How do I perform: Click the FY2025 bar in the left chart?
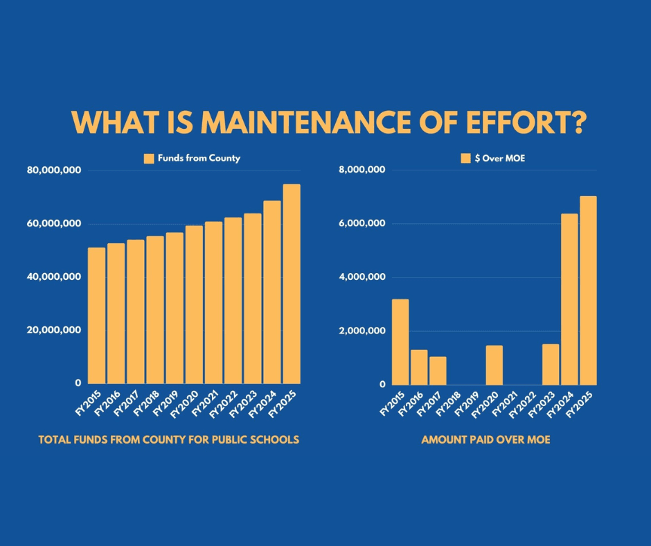pyautogui.click(x=292, y=283)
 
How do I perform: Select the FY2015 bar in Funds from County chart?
pyautogui.click(x=96, y=315)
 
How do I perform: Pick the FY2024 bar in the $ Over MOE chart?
pyautogui.click(x=569, y=299)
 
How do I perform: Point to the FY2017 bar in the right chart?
pyautogui.click(x=438, y=370)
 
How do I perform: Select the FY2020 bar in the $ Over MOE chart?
pyautogui.click(x=494, y=364)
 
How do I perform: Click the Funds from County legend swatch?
pyautogui.click(x=149, y=159)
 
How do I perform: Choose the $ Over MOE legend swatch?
pyautogui.click(x=465, y=159)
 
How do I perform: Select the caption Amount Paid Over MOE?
pyautogui.click(x=485, y=440)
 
